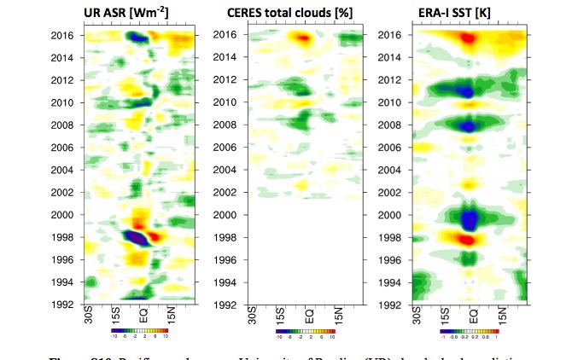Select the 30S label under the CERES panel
click(252, 314)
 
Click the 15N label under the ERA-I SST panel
click(505, 314)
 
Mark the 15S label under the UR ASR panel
click(114, 314)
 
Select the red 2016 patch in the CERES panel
click(301, 38)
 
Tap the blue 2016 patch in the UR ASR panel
click(137, 38)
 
